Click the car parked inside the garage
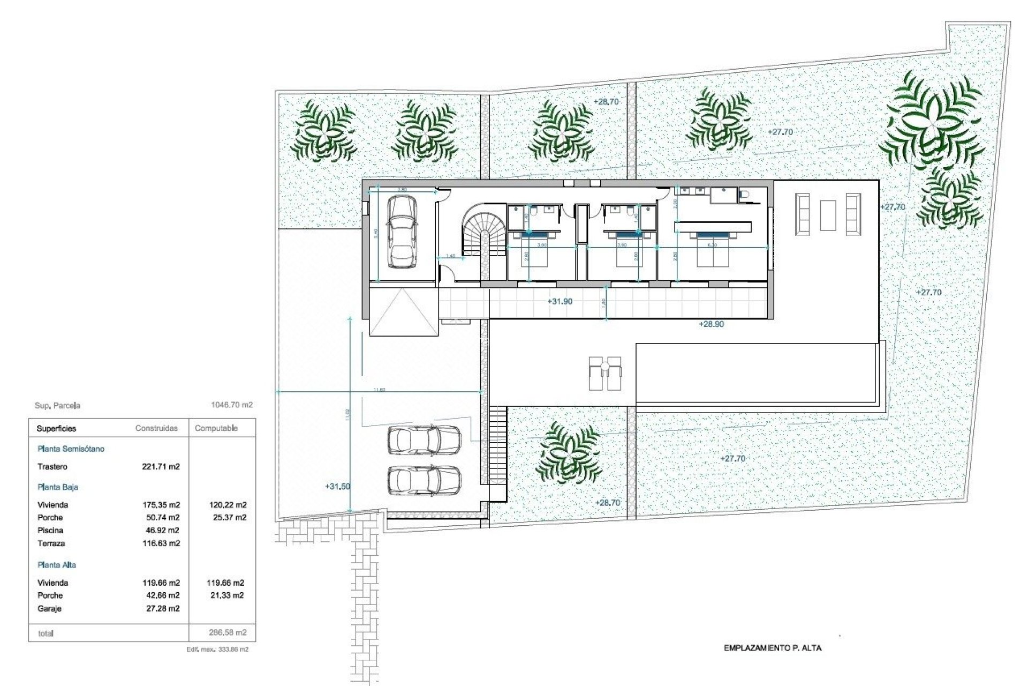[402, 232]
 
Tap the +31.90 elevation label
[560, 302]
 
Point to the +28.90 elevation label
[711, 324]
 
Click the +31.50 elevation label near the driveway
[337, 487]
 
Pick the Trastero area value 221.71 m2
[161, 467]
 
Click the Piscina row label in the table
[50, 531]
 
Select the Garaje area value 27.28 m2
[163, 608]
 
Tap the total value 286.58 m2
[228, 632]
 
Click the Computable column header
[216, 428]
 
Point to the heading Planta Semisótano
[71, 449]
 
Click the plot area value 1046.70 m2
[232, 405]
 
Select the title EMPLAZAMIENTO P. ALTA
[772, 648]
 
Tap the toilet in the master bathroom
[743, 195]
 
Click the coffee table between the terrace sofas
[828, 215]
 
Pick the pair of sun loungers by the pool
[605, 373]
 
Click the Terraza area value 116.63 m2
[161, 543]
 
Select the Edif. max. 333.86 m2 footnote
[217, 649]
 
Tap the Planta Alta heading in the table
[57, 565]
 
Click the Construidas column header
[156, 428]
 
